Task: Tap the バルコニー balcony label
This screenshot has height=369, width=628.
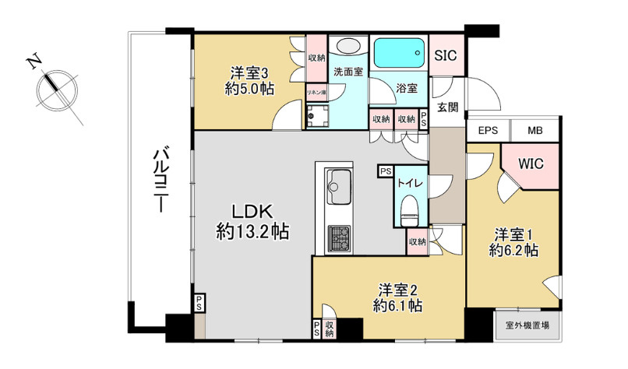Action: (161, 180)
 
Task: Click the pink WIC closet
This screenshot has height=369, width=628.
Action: (531, 164)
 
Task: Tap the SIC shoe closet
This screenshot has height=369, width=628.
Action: (446, 56)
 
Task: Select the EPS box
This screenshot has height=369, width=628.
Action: (488, 130)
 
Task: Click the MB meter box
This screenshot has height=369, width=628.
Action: (535, 130)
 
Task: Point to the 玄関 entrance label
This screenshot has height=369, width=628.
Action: (446, 107)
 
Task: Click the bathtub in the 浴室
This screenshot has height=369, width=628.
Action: (399, 54)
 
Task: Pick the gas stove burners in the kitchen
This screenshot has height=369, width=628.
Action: (340, 237)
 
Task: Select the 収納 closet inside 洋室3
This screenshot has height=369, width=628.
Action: (316, 58)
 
